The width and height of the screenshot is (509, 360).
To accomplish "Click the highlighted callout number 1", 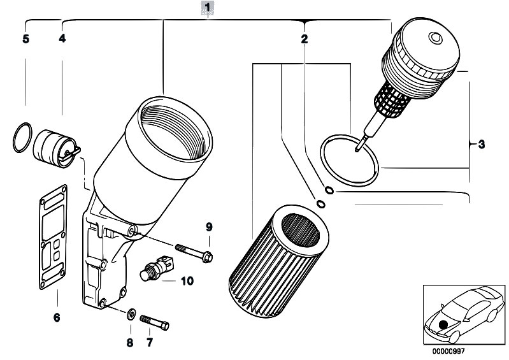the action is click(208, 7).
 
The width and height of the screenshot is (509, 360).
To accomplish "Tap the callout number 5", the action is click(25, 39).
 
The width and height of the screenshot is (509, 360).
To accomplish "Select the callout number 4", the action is click(62, 38).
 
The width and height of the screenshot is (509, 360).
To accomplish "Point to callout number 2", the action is click(304, 39).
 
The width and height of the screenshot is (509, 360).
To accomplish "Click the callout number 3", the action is click(482, 144).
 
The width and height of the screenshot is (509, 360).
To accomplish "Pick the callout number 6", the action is click(57, 317).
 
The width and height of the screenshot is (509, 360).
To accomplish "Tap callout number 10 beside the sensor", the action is click(187, 281).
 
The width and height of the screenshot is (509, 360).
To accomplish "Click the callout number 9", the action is click(209, 227).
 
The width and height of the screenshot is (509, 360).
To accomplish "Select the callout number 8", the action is click(130, 342).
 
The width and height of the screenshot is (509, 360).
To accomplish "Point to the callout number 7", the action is click(149, 342).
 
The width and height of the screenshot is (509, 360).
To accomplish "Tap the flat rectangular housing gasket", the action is click(54, 237).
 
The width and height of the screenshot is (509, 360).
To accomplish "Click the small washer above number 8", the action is click(131, 314).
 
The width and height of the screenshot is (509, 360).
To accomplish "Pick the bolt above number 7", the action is click(155, 322).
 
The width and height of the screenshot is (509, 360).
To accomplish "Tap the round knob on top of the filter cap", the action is click(435, 38).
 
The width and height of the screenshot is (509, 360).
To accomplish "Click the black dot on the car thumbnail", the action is click(443, 324).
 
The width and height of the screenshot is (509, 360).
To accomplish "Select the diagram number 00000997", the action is click(448, 351).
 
